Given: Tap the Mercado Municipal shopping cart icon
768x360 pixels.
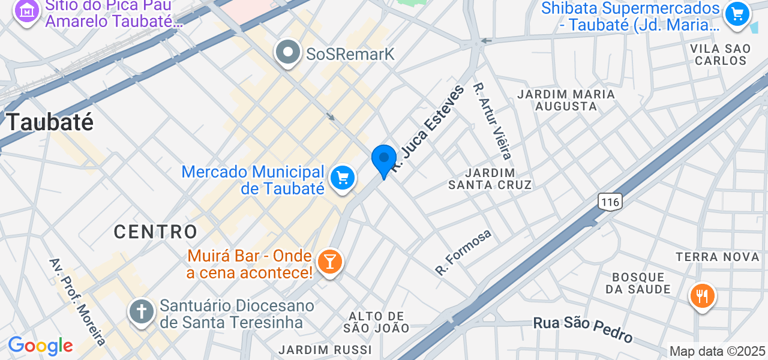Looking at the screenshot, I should coord(343,178).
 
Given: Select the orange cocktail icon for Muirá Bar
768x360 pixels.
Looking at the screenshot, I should coord(329,262).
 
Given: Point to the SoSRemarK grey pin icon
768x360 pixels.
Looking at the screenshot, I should coord(289,52).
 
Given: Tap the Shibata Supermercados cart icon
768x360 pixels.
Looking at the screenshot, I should coord(737,14).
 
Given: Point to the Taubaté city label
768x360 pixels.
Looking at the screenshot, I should coord(50,122).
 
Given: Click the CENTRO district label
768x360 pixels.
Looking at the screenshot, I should coord(156,232).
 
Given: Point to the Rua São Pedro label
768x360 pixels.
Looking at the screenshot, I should coord(583,328).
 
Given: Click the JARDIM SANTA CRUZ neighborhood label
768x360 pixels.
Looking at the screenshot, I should coord(490,179).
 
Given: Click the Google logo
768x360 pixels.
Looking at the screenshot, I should coord(40,346).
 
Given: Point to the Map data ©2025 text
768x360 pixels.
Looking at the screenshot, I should coord(718,352).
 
